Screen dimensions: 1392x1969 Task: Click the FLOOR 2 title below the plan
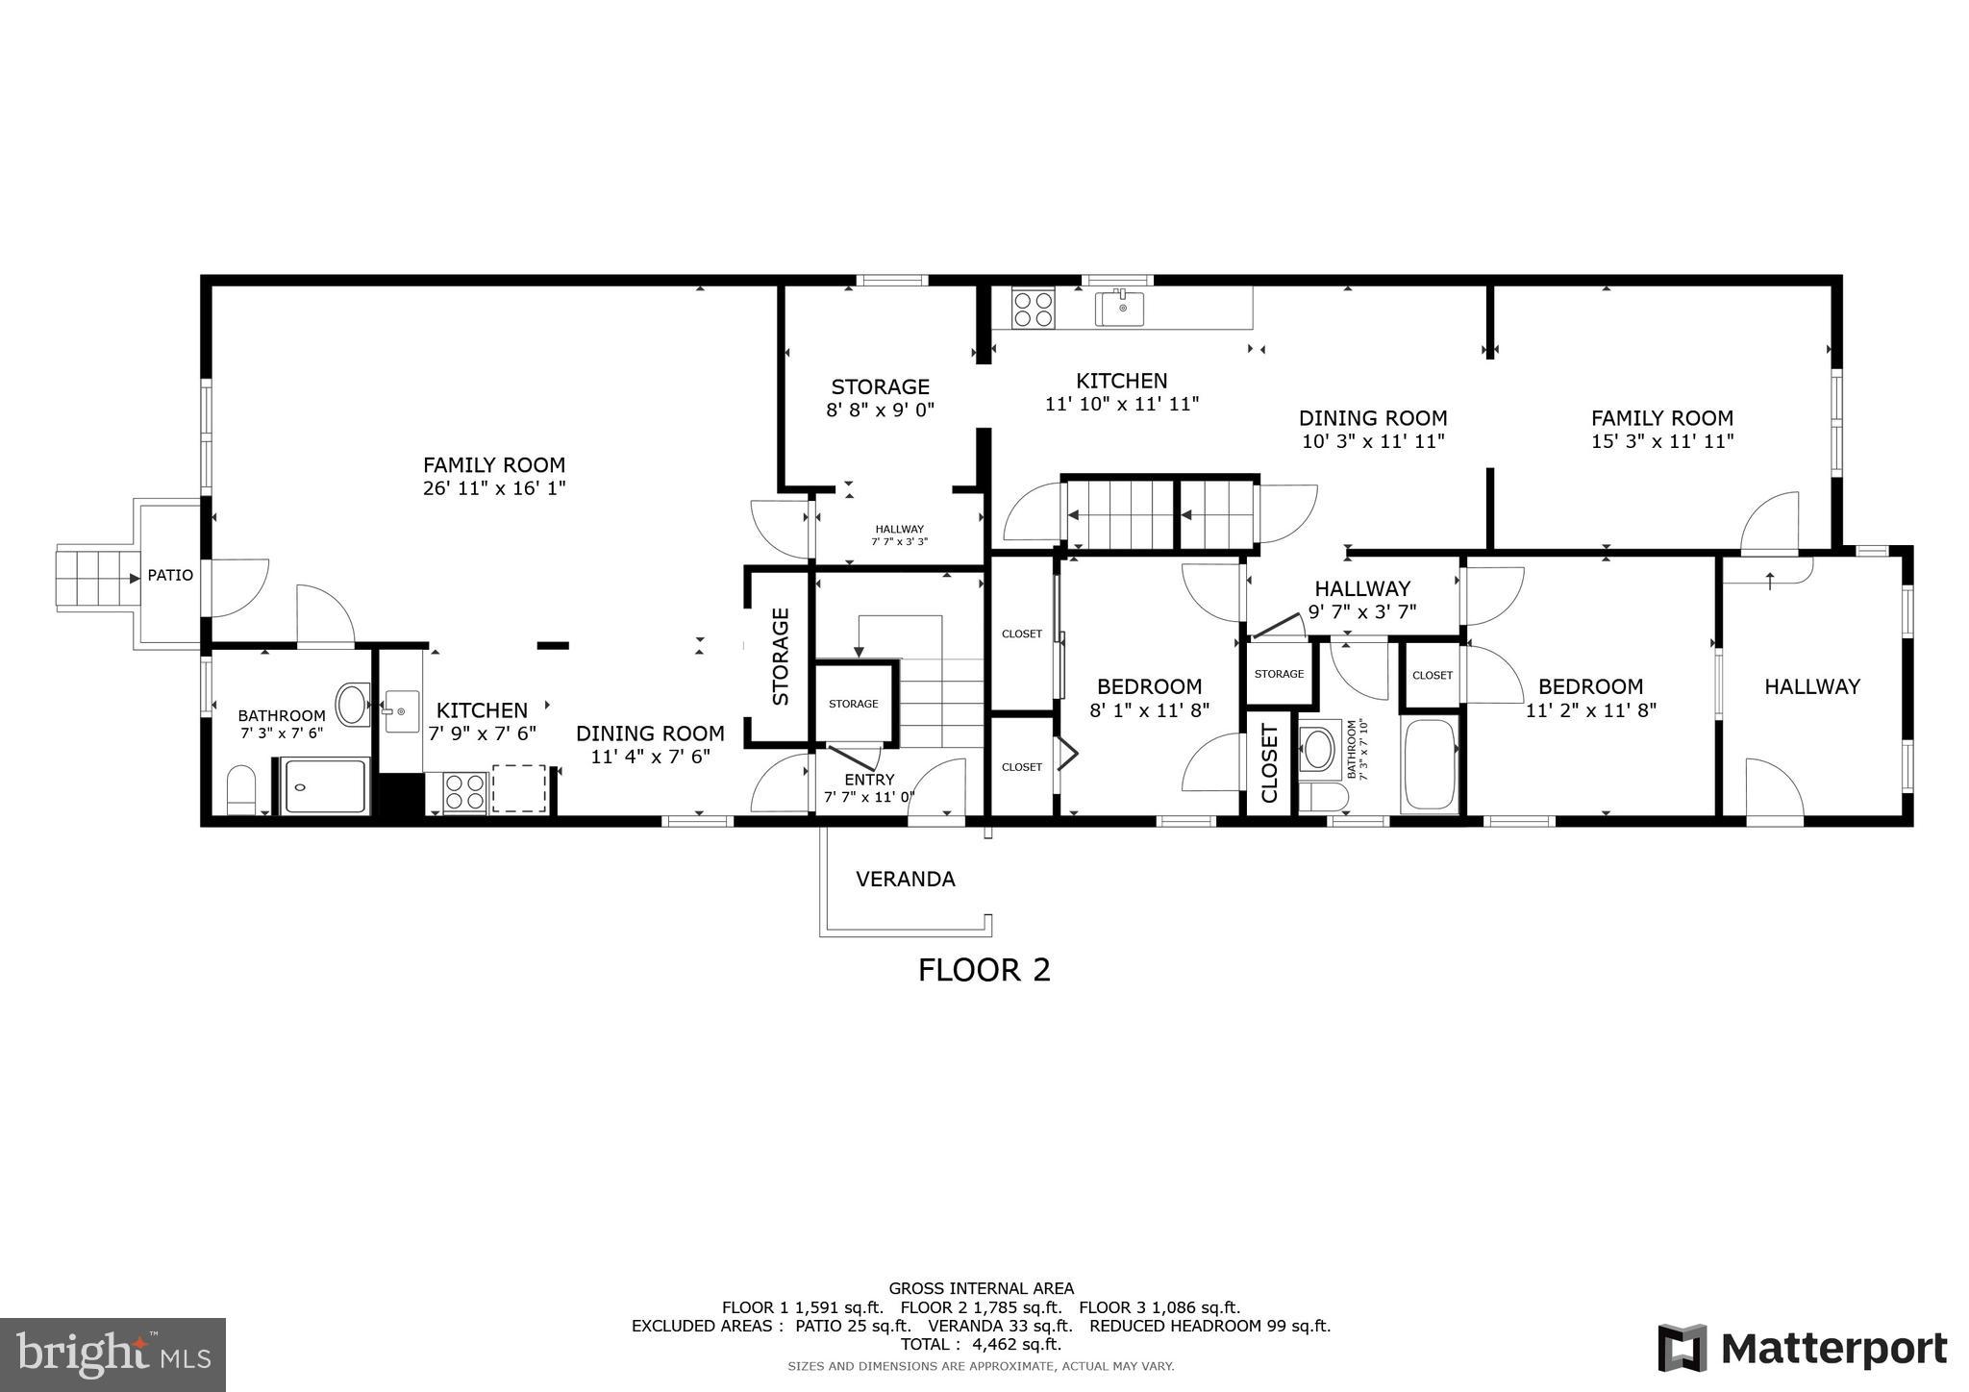click(984, 970)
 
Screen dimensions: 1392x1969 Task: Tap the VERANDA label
click(905, 879)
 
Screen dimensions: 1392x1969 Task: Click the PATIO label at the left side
click(170, 576)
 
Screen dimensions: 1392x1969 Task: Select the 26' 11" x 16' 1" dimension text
click(493, 488)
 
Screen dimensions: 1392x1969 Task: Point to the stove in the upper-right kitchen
click(1033, 309)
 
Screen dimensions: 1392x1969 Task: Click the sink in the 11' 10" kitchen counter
click(1121, 309)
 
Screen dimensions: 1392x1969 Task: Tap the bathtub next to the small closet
click(1429, 764)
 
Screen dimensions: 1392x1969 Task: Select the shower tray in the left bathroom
click(325, 786)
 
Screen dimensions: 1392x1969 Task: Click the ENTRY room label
click(869, 780)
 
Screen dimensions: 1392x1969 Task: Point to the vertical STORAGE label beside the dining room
click(781, 657)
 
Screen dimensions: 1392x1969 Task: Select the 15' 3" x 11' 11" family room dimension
click(1661, 441)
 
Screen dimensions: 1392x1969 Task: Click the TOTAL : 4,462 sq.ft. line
click(981, 1344)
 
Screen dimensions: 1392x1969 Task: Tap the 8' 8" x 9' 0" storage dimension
click(880, 410)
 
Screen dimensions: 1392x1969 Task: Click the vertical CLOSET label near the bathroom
click(1269, 764)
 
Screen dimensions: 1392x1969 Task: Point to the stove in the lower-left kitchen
click(464, 791)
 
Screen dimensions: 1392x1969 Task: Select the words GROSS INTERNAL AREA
click(981, 1288)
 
